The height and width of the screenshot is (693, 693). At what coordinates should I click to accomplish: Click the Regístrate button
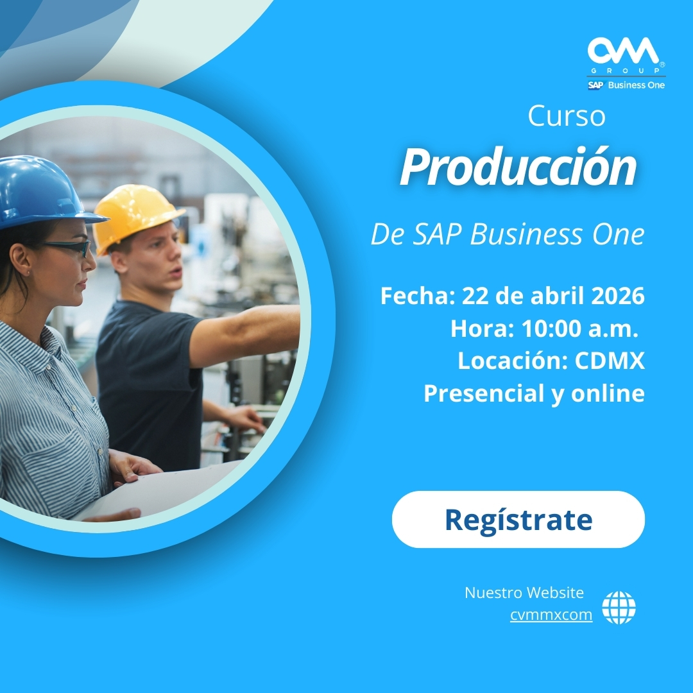(518, 519)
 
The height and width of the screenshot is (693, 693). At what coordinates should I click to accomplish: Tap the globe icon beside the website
(619, 608)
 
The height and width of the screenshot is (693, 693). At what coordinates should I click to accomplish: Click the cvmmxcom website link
(551, 615)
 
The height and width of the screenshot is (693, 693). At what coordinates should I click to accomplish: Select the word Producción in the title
(518, 167)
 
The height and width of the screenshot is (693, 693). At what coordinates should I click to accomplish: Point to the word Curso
(567, 116)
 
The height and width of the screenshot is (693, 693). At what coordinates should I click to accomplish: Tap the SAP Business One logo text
(626, 85)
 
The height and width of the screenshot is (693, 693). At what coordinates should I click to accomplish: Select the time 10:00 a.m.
(580, 329)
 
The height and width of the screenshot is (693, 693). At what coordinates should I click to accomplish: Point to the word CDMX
(610, 361)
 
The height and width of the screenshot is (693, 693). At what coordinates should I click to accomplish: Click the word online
(608, 393)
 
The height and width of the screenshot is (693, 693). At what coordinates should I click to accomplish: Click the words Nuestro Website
(524, 592)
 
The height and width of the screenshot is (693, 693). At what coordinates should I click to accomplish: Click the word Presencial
(484, 393)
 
